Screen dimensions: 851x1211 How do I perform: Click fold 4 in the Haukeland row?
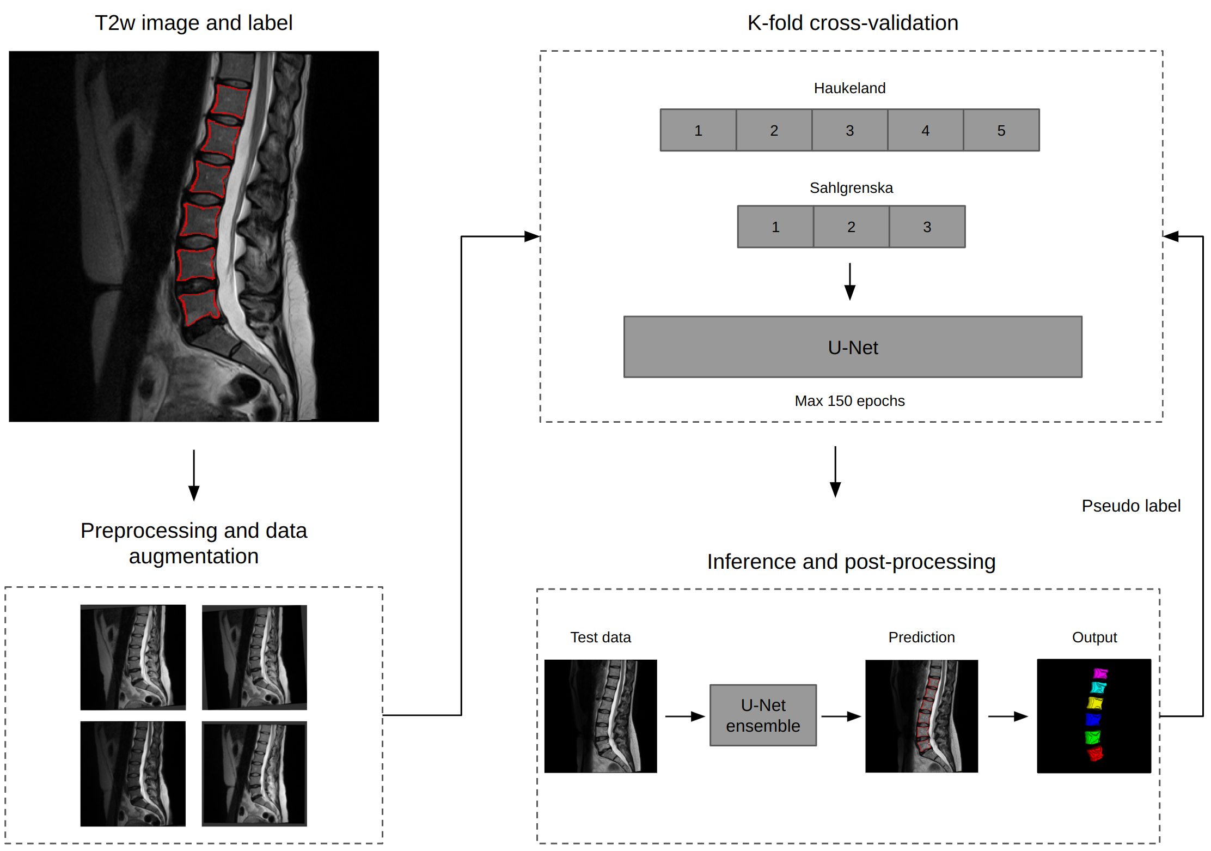coord(925,130)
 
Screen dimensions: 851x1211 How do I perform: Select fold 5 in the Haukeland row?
coord(1001,130)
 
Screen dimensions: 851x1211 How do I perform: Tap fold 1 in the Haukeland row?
coord(698,130)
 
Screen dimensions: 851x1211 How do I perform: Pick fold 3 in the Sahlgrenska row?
coord(927,227)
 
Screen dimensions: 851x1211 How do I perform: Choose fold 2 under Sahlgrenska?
coord(851,227)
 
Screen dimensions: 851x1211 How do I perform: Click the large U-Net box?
coord(853,347)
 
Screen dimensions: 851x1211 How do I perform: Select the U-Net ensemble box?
coord(763,715)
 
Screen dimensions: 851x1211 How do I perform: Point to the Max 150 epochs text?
coord(849,401)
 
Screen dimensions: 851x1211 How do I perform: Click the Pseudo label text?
coord(1130,506)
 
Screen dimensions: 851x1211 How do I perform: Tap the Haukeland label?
coord(849,88)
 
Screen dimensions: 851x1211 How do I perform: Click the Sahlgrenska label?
coord(851,188)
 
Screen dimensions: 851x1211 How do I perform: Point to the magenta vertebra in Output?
coord(1100,673)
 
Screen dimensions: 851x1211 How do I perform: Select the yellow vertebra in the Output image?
coord(1094,703)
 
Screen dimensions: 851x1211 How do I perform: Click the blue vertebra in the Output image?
coord(1093,720)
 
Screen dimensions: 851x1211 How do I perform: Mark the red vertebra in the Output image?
coord(1095,754)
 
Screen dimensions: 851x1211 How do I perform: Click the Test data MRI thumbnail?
coord(601,716)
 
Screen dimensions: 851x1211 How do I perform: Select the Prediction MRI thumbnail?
coord(921,716)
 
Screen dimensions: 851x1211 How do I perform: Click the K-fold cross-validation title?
coord(853,23)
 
